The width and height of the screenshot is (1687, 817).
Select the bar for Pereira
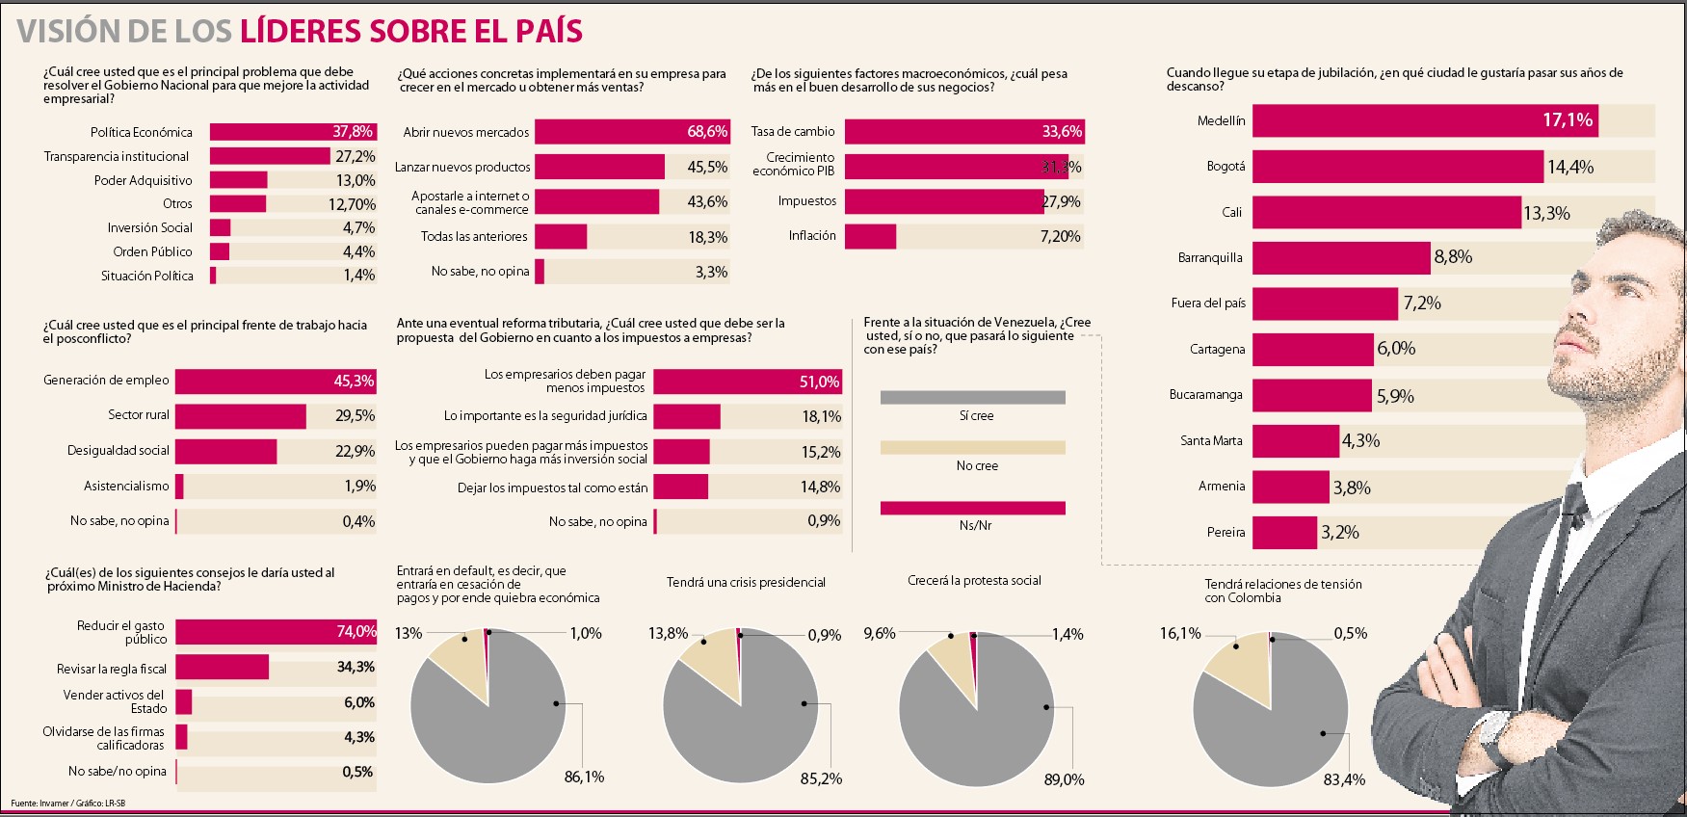coord(1284,533)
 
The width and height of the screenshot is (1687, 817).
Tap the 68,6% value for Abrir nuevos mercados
coord(706,132)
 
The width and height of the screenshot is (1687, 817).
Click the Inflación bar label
coord(812,236)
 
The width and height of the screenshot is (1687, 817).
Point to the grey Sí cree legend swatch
coord(972,397)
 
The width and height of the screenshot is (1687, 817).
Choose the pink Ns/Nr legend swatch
coord(972,508)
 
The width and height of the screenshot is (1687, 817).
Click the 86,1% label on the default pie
coord(584,777)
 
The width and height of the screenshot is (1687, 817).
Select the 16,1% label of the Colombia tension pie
coord(1180,633)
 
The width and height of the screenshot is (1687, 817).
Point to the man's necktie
coord(1569,511)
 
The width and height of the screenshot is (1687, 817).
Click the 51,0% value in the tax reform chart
coord(819,382)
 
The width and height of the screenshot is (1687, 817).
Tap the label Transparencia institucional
coord(117,156)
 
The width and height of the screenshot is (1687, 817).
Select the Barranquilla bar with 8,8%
coord(1340,257)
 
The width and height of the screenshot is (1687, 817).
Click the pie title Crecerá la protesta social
coord(974,581)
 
